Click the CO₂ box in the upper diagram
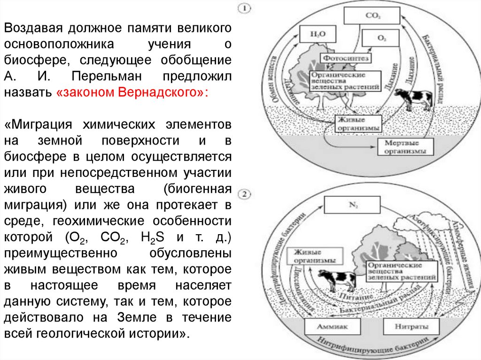click(x=370, y=15)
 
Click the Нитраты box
click(x=407, y=326)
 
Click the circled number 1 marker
click(x=245, y=8)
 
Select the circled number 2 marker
click(x=245, y=193)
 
